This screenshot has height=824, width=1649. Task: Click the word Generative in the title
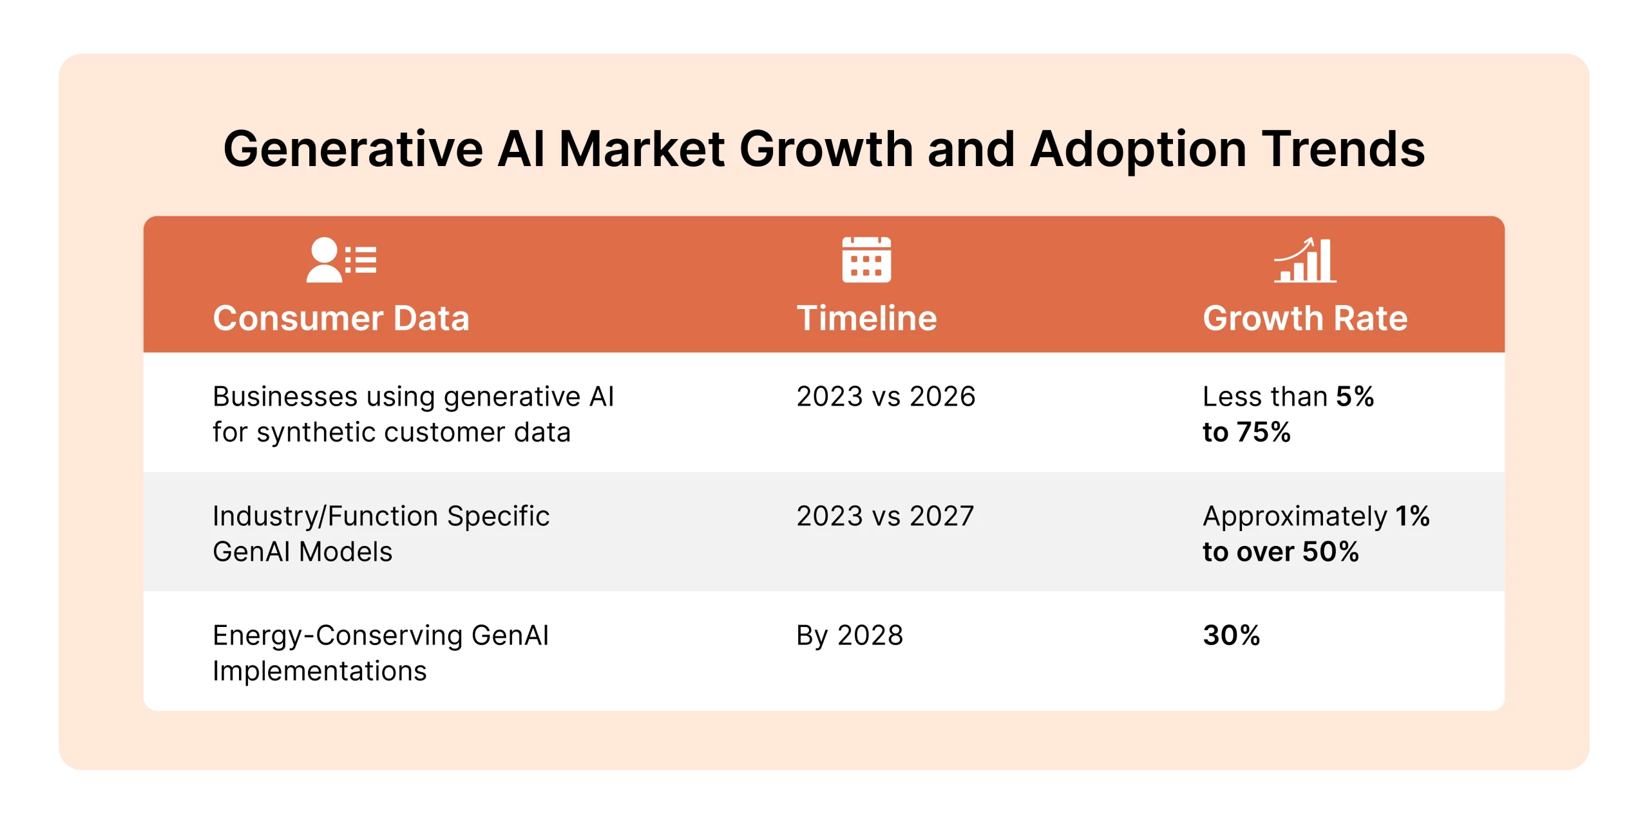353,149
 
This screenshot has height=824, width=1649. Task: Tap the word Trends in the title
1343,149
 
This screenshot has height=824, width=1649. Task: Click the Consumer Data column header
341,318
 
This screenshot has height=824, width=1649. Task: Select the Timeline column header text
866,318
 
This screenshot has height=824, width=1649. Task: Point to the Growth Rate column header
1305,318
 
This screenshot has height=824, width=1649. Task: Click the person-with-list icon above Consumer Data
341,260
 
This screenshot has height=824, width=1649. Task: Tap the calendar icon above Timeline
866,260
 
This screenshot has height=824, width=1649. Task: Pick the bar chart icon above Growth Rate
1305,260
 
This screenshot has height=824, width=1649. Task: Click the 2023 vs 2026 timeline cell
886,397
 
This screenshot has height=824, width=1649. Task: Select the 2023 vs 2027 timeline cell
885,516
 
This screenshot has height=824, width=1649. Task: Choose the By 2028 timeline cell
850,635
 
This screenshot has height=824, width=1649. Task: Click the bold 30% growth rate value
1231,635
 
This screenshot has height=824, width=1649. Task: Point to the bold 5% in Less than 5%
1355,397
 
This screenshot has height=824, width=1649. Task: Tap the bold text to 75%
1246,432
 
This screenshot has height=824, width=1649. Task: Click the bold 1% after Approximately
1413,516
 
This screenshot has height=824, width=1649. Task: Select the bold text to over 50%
1281,552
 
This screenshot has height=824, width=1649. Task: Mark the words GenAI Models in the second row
302,552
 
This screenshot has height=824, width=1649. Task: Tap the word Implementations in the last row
319,671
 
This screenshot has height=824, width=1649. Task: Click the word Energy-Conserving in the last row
337,635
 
